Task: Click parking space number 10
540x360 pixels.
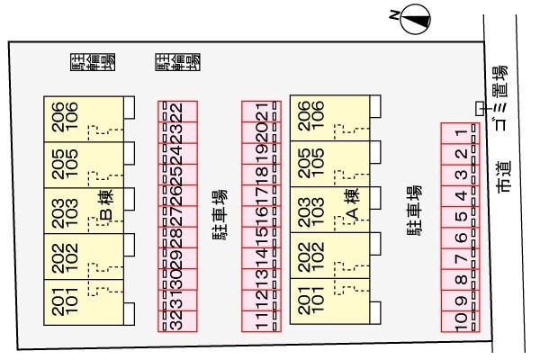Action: click(x=460, y=319)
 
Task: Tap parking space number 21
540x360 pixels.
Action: click(x=262, y=112)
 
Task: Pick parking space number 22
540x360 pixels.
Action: click(x=177, y=112)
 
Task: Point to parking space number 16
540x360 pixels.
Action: click(x=262, y=216)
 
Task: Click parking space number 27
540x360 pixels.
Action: click(x=177, y=216)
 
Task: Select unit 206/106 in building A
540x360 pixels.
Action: click(x=311, y=117)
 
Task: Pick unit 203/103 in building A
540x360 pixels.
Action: click(x=311, y=209)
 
